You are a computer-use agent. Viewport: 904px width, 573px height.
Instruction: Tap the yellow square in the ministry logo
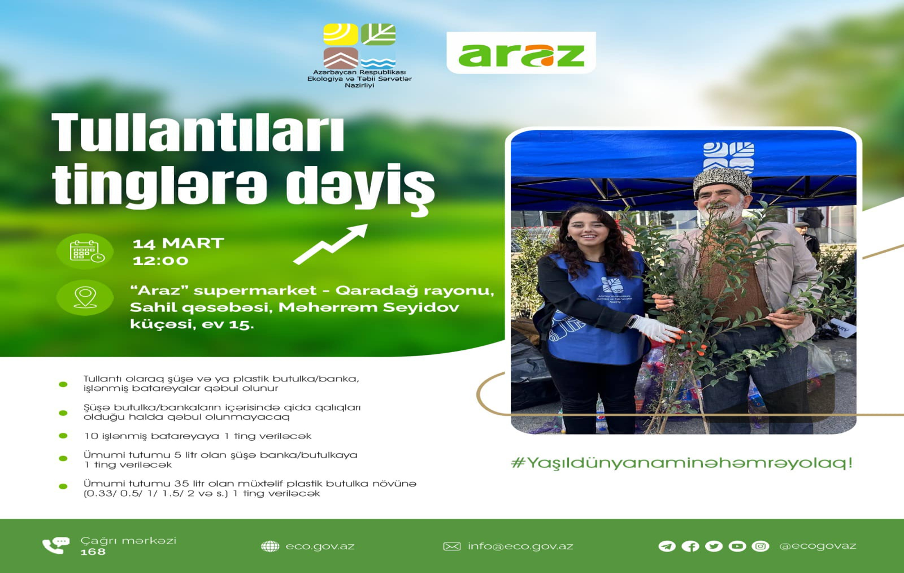coord(341,34)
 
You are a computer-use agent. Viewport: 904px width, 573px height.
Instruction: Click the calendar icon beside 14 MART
coord(86,251)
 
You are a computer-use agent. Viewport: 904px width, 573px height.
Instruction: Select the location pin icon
coord(85,298)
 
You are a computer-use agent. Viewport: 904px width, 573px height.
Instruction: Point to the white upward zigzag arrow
coord(331,245)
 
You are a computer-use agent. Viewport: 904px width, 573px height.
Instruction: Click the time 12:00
coord(160,261)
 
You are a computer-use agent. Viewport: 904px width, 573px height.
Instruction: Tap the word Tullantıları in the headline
coord(198,133)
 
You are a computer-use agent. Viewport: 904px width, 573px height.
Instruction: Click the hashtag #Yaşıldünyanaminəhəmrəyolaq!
coord(681,462)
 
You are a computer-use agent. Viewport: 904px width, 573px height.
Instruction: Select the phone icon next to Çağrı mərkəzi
coord(56,545)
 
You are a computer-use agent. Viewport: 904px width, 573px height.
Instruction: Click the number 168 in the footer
coord(93,552)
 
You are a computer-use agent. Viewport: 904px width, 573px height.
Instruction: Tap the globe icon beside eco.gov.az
coord(270,546)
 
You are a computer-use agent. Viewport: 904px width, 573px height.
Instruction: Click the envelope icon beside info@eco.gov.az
coord(451,546)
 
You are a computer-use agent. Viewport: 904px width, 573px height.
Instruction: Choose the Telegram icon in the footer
coord(667,546)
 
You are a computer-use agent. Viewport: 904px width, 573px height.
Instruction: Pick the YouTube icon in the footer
coord(737,546)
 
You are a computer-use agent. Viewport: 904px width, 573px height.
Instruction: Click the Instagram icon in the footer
coord(760,546)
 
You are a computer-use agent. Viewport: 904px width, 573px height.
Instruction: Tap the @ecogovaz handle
coord(817,546)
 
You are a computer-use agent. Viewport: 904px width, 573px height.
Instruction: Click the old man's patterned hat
coord(723,182)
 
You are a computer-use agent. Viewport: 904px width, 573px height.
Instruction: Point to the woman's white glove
coord(656,328)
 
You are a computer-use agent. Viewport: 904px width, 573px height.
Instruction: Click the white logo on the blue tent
coord(728,157)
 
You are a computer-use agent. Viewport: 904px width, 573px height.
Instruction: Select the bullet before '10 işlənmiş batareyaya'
coord(63,436)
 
